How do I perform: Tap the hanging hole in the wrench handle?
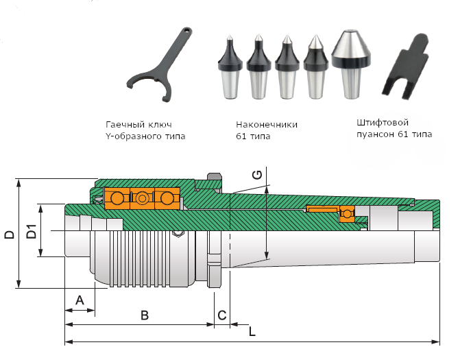(187, 30)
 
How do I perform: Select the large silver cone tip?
(351, 64)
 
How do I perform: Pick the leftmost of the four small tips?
(230, 67)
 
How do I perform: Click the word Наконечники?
(267, 124)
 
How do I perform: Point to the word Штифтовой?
(383, 123)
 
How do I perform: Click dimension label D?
(10, 235)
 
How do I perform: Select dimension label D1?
(32, 231)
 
